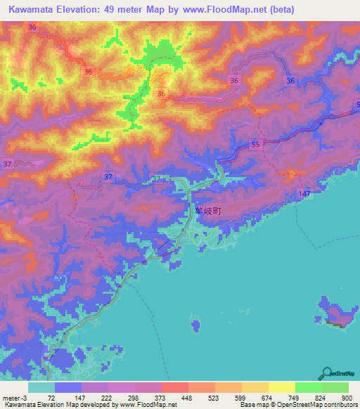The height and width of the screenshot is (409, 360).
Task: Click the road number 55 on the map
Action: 255,144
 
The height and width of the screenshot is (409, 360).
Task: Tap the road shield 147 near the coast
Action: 304,193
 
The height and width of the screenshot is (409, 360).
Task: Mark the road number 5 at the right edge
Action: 356,105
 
